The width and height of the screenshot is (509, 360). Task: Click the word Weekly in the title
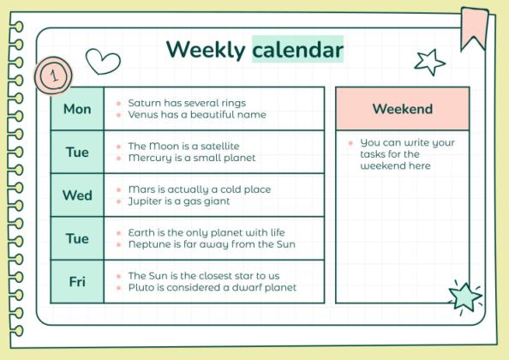[x=205, y=50]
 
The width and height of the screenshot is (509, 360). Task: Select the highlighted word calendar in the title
[x=297, y=50]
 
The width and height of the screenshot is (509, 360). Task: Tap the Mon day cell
[x=77, y=109]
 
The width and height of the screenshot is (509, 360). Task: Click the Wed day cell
[x=77, y=195]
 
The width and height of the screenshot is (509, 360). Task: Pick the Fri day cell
[x=77, y=281]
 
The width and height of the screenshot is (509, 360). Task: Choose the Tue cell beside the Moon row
[x=77, y=152]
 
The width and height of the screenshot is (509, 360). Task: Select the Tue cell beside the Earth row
[x=77, y=238]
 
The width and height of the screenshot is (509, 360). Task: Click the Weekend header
[x=402, y=109]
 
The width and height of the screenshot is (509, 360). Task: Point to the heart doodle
[x=103, y=62]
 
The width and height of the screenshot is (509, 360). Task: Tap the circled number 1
[x=53, y=76]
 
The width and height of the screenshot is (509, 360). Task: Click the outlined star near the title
[x=429, y=61]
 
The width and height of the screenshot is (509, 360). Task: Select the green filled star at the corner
[x=464, y=297]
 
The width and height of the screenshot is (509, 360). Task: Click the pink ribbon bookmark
[x=474, y=27]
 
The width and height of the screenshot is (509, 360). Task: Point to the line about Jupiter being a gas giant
[x=179, y=201]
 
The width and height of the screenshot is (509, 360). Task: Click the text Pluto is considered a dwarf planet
[x=212, y=288]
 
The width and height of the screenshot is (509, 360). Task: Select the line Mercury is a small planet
[x=191, y=159]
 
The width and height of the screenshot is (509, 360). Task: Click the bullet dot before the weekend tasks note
[x=350, y=143]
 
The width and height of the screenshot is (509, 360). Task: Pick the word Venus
[x=143, y=115]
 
